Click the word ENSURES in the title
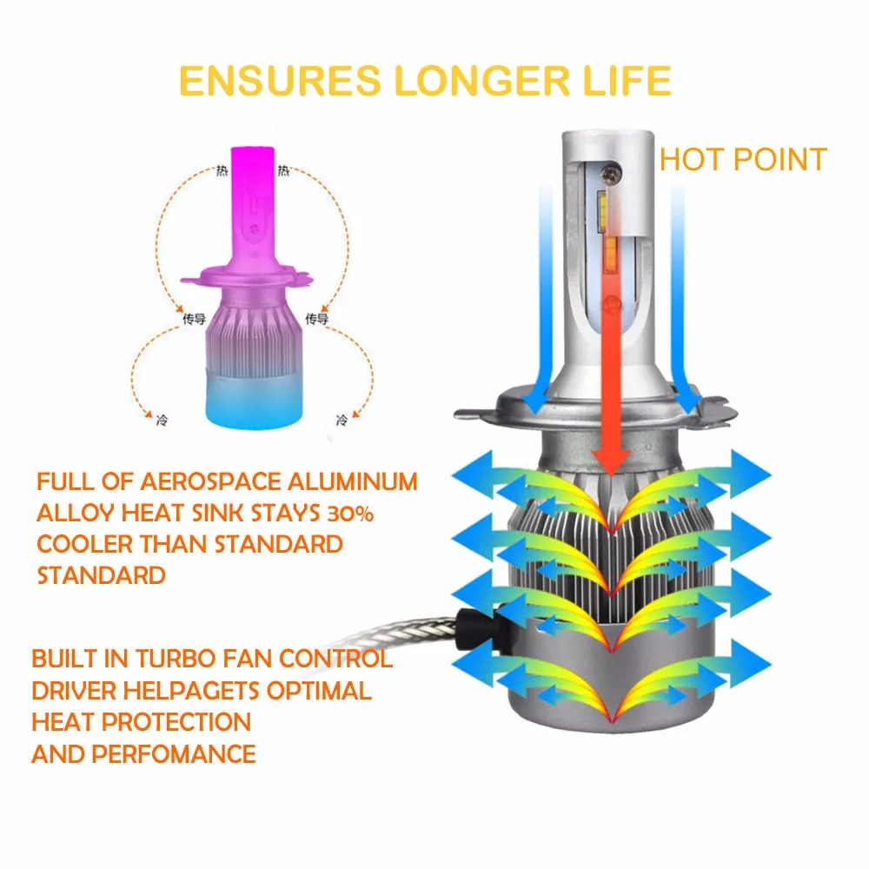pyautogui.click(x=280, y=80)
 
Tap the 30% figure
pyautogui.click(x=349, y=514)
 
